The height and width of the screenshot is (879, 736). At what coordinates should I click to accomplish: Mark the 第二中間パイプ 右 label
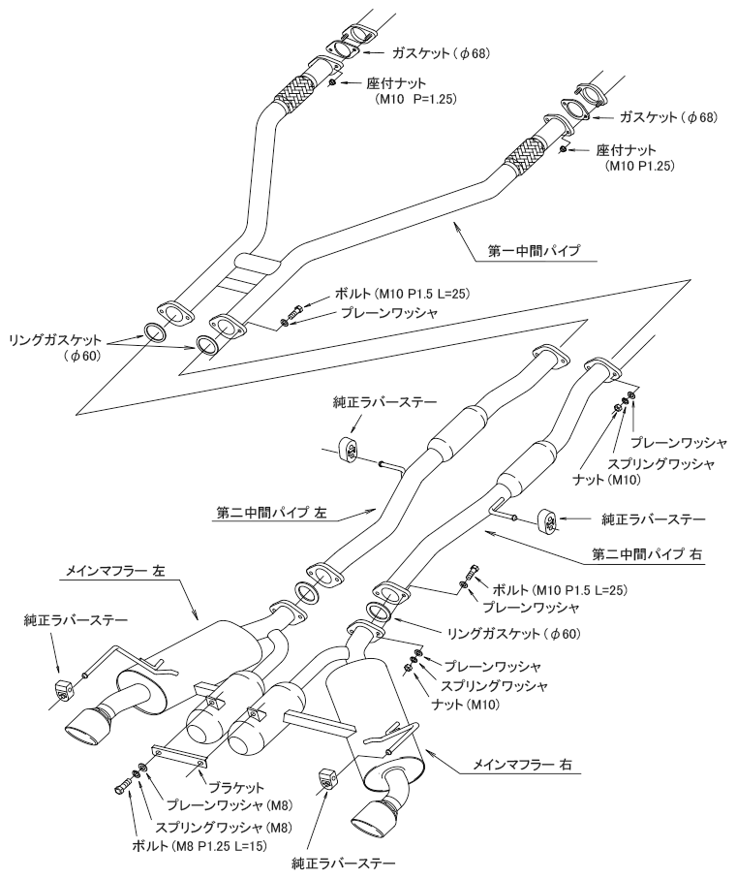pyautogui.click(x=632, y=556)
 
